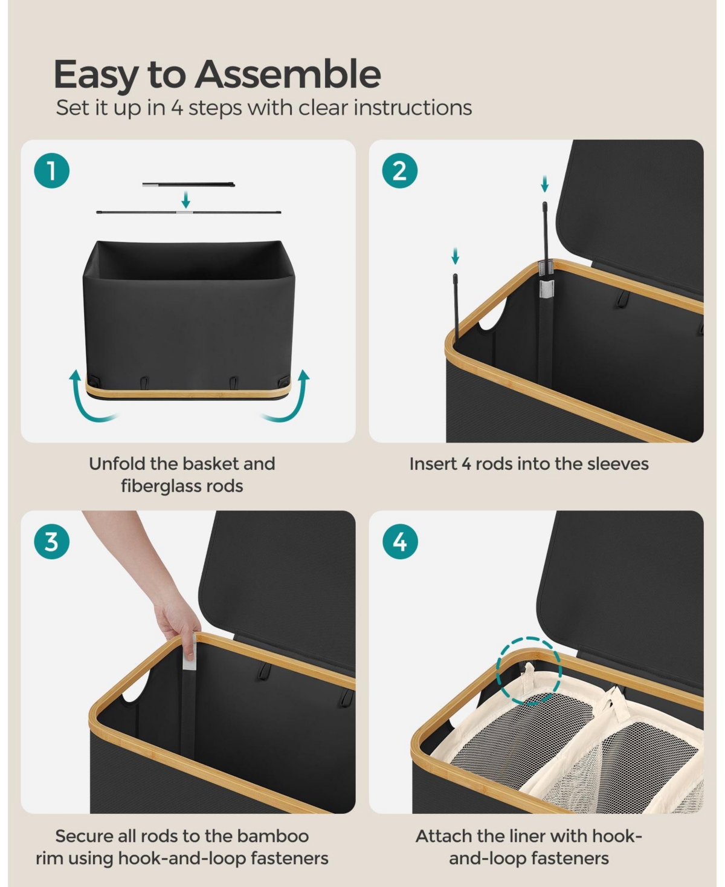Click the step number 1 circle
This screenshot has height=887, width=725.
point(52,171)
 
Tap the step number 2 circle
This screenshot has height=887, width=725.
point(400,171)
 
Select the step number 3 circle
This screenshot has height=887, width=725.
point(52,542)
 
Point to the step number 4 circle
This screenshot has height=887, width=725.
point(400,542)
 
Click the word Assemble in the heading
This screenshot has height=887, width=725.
point(288,74)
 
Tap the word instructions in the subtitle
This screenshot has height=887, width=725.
point(413,108)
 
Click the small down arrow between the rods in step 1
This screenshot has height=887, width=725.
point(185,200)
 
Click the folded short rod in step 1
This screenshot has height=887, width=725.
point(188,184)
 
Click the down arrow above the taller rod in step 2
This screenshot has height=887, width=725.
point(545,184)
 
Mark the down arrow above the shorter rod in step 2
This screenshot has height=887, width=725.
point(455,256)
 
